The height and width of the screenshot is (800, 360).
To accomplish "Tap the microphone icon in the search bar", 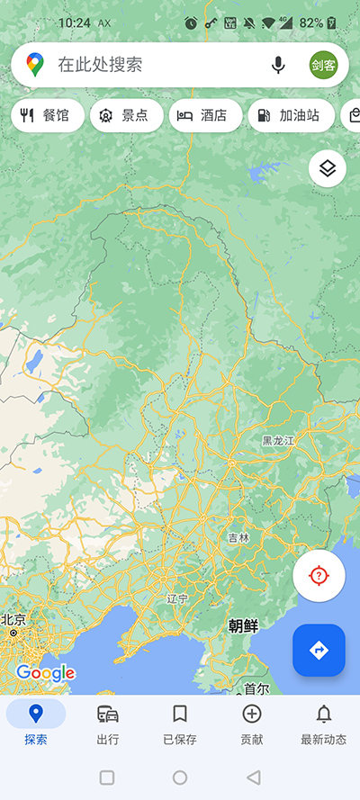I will (278, 65).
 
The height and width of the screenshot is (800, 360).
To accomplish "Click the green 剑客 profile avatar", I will (323, 65).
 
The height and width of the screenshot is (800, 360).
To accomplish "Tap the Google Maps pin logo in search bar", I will (35, 65).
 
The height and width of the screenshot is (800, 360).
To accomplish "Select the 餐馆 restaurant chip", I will (48, 115).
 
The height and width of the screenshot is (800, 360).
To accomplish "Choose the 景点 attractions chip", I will (127, 115).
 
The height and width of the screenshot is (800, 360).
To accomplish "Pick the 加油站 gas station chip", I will (290, 115).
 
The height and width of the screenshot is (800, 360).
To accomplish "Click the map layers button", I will (328, 168).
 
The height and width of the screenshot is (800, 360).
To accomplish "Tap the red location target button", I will (319, 576).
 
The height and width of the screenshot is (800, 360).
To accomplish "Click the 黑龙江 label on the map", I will (278, 441).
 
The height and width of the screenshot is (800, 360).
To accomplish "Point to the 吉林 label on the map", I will (238, 537).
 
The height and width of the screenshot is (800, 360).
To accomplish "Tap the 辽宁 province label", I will (177, 598).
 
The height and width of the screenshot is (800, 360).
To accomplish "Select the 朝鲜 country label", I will (243, 625).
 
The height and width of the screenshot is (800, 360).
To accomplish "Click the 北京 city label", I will (13, 620).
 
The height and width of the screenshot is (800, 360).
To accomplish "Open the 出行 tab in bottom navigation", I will (108, 723).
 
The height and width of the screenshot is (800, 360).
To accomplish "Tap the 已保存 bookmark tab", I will (180, 723).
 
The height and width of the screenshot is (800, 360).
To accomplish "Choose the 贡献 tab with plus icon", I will (252, 723).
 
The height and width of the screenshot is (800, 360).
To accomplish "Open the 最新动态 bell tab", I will (323, 723).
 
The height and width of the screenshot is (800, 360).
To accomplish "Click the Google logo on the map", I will (45, 672).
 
